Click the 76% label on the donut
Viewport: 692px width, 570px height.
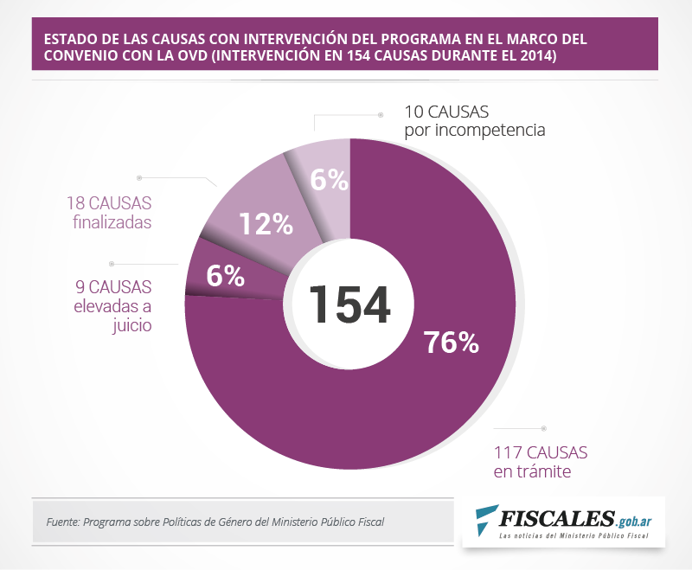451,343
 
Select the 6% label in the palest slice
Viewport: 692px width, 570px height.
329,180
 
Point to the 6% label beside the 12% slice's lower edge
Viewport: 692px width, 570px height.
225,276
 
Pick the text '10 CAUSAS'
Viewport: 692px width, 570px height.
446,112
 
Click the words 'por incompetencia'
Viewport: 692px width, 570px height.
474,131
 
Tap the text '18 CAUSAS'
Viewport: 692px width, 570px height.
108,204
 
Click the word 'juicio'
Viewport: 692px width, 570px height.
131,326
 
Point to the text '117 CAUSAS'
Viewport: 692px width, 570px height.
541,452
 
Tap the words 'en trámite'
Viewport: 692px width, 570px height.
533,471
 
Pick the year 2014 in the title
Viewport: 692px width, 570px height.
537,56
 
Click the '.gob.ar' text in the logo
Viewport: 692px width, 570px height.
633,521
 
